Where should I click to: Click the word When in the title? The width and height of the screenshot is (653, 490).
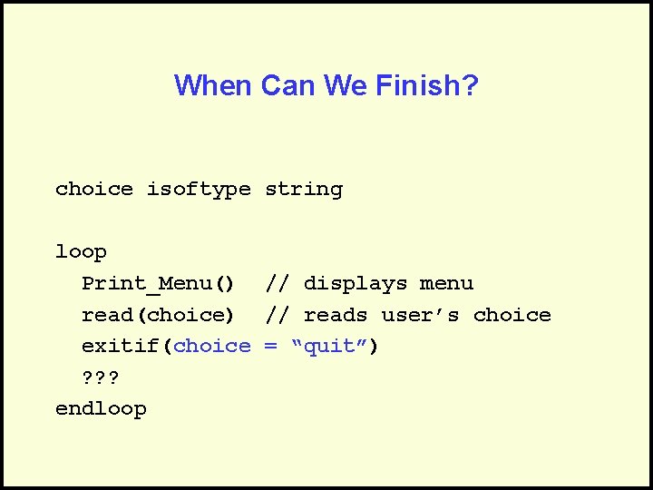point(214,86)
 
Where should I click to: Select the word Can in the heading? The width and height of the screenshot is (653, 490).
point(287,86)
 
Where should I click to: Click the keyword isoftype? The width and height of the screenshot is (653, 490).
point(199,190)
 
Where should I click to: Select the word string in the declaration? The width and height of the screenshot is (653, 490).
point(304,190)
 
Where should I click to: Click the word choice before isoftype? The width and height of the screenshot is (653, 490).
point(94,190)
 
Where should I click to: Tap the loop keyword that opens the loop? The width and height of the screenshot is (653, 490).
point(81,252)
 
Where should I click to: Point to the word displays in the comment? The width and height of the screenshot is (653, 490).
point(356,284)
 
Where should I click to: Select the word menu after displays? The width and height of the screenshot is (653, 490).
point(446,284)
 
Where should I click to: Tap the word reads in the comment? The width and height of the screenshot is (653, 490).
point(336,315)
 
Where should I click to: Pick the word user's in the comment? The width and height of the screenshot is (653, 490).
point(421,315)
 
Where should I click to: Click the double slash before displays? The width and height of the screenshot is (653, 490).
point(278,284)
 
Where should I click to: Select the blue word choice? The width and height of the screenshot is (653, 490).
point(212,346)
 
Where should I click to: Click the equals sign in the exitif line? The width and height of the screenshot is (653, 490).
point(270,346)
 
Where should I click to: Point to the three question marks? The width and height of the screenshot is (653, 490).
point(101,377)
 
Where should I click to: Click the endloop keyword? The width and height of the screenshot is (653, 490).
point(101,409)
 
